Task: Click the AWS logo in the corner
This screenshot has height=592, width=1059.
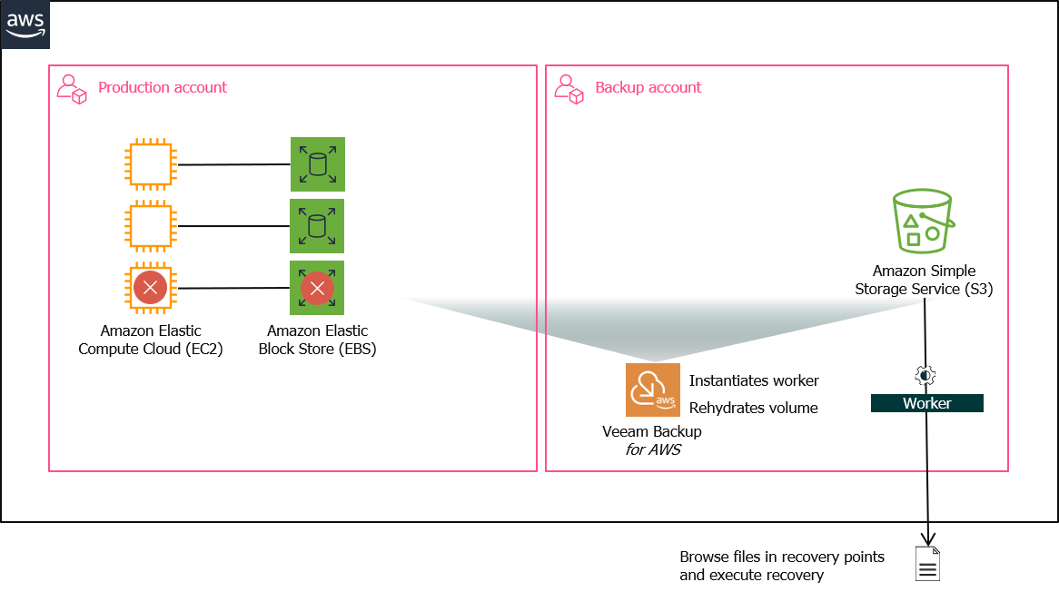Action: pos(25,25)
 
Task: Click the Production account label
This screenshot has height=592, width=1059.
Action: pos(163,87)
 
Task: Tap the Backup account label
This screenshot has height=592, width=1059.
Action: pos(648,87)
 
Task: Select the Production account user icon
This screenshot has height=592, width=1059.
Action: pos(72,88)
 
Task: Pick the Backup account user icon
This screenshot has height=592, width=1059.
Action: pos(569,88)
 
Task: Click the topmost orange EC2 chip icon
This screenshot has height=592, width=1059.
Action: pos(150,164)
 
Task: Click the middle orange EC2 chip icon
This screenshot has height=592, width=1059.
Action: pos(150,226)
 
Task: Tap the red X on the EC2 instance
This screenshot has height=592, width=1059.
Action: pos(150,289)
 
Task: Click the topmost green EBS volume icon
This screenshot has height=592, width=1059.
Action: pos(317,164)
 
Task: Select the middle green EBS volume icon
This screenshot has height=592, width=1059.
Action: pos(317,226)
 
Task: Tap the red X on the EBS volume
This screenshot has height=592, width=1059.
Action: pos(317,289)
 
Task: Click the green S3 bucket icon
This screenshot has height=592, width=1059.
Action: pos(922,221)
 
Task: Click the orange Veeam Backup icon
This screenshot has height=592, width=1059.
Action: pos(653,390)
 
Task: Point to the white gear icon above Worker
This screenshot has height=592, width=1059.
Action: pos(926,376)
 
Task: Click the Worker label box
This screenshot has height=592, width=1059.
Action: pos(926,403)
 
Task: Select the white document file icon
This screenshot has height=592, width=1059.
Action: pos(927,564)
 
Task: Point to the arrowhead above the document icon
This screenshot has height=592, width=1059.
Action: pos(927,538)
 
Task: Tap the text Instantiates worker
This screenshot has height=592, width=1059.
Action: pos(754,380)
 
